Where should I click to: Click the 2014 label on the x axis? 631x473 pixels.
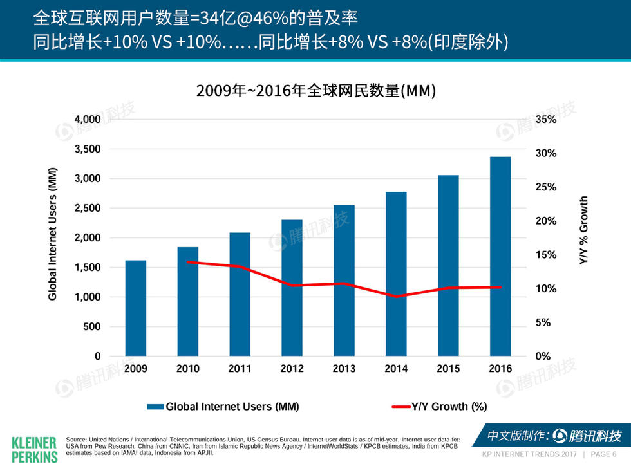coord(396,369)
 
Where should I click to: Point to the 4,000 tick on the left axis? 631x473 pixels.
coord(88,120)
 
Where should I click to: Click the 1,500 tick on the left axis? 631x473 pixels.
coord(88,268)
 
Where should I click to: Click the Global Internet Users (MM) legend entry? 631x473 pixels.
coord(223,407)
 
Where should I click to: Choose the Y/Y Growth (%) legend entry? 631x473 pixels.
coord(439,407)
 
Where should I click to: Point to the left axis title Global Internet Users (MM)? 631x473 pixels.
coord(53,233)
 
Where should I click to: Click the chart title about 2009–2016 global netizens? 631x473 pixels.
coord(316,91)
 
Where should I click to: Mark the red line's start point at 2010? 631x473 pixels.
coord(188,262)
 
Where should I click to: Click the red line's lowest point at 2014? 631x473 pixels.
coord(396,296)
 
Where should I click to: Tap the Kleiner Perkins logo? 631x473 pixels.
coord(35,449)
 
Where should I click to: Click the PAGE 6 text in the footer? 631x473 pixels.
coord(603,454)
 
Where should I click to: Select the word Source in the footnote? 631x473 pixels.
coord(77,440)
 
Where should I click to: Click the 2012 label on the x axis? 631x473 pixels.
coord(292,369)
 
